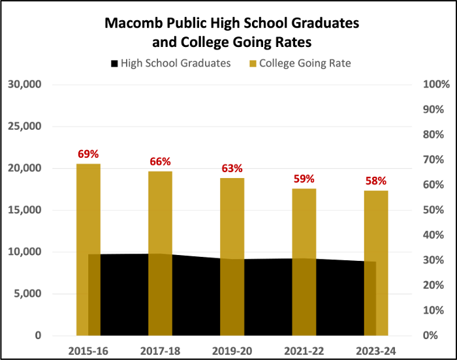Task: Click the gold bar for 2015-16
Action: point(88,248)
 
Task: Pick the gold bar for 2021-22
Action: point(304,261)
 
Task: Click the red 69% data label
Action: point(88,155)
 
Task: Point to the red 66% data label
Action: point(160,162)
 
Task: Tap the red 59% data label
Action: point(304,179)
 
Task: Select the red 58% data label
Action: point(375,181)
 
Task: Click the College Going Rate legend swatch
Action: point(253,64)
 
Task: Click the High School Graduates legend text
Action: point(176,64)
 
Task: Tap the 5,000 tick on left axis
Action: point(28,293)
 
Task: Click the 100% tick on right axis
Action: point(437,84)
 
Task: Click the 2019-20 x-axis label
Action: point(232,351)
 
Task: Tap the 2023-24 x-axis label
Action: point(375,351)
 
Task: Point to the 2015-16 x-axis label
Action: point(88,351)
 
